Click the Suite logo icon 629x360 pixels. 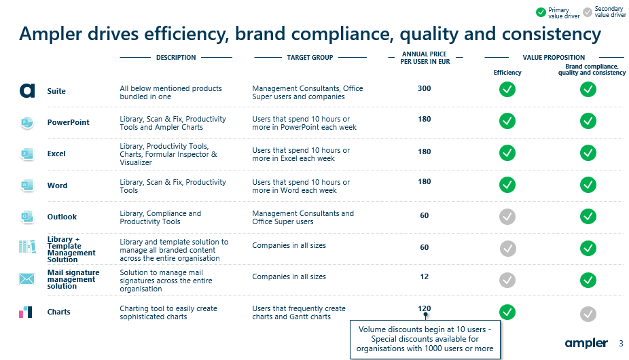(x=27, y=91)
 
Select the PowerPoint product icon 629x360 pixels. (x=27, y=122)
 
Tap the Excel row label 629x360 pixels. (x=56, y=154)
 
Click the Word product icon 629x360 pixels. (x=27, y=185)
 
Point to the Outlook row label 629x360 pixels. (x=62, y=217)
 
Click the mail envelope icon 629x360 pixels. (x=27, y=278)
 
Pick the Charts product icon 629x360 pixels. (x=26, y=312)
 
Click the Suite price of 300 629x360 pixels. (x=425, y=88)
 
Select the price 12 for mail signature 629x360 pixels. (x=425, y=276)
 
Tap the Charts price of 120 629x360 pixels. (x=425, y=308)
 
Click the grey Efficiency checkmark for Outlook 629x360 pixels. (x=507, y=217)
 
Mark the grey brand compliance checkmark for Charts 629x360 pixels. (x=588, y=314)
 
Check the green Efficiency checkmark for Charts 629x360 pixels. (x=507, y=312)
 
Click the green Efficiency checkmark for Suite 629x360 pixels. (x=507, y=90)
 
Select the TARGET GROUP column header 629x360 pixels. (x=310, y=57)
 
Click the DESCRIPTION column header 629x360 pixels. (x=176, y=57)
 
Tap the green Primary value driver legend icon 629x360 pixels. (x=541, y=12)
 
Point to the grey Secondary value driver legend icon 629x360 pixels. (x=588, y=12)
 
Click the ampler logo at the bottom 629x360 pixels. (x=586, y=344)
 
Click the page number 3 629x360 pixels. (x=622, y=344)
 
